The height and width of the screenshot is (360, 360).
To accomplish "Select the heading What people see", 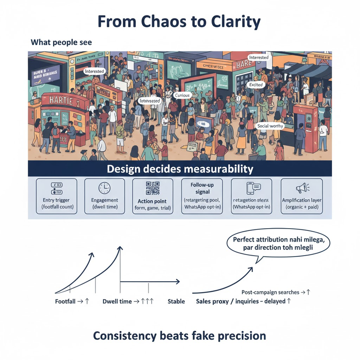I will pos(61,43).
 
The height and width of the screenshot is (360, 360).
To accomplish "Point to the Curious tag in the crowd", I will pos(182,95).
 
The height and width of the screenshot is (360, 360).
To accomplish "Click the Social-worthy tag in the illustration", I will pos(270,126).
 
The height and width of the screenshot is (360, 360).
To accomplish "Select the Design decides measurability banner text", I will pos(180,169).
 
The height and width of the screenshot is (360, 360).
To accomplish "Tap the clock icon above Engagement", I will pos(104,189).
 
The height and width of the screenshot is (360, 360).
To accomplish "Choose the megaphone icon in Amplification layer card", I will pos(301,189).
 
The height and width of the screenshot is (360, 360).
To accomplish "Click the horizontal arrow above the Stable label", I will pos(150,282).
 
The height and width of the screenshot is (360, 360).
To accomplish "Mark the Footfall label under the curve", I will pos(66,301).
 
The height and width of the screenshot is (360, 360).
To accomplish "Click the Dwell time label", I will pos(117,301).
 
